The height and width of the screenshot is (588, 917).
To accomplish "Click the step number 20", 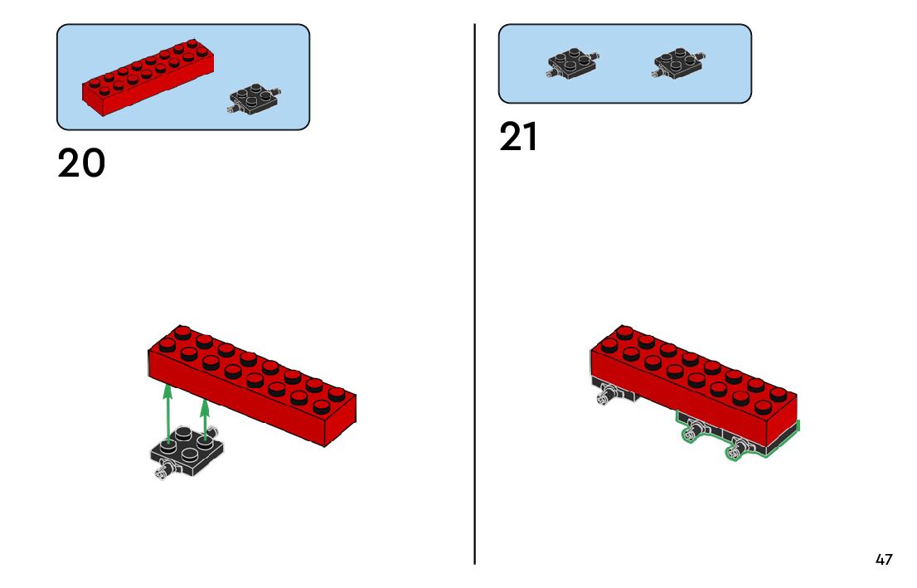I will (x=81, y=163).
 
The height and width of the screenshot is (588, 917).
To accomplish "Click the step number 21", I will (x=518, y=138).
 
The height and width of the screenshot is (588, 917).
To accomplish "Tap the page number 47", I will (x=884, y=560).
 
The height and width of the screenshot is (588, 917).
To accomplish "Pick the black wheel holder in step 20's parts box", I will (x=254, y=100).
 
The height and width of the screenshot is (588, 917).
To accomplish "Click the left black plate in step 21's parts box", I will (x=573, y=64).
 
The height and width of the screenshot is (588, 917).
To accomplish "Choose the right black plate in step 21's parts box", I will (x=678, y=63).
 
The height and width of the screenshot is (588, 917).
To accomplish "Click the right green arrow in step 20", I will (x=205, y=420).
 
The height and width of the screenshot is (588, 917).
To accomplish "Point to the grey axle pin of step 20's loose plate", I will (x=162, y=473).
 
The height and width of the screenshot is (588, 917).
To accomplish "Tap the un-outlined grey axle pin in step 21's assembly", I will (x=604, y=399).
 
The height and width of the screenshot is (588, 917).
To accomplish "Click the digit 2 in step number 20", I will (x=70, y=163).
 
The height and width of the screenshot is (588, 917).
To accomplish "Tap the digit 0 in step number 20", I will (x=94, y=163).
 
